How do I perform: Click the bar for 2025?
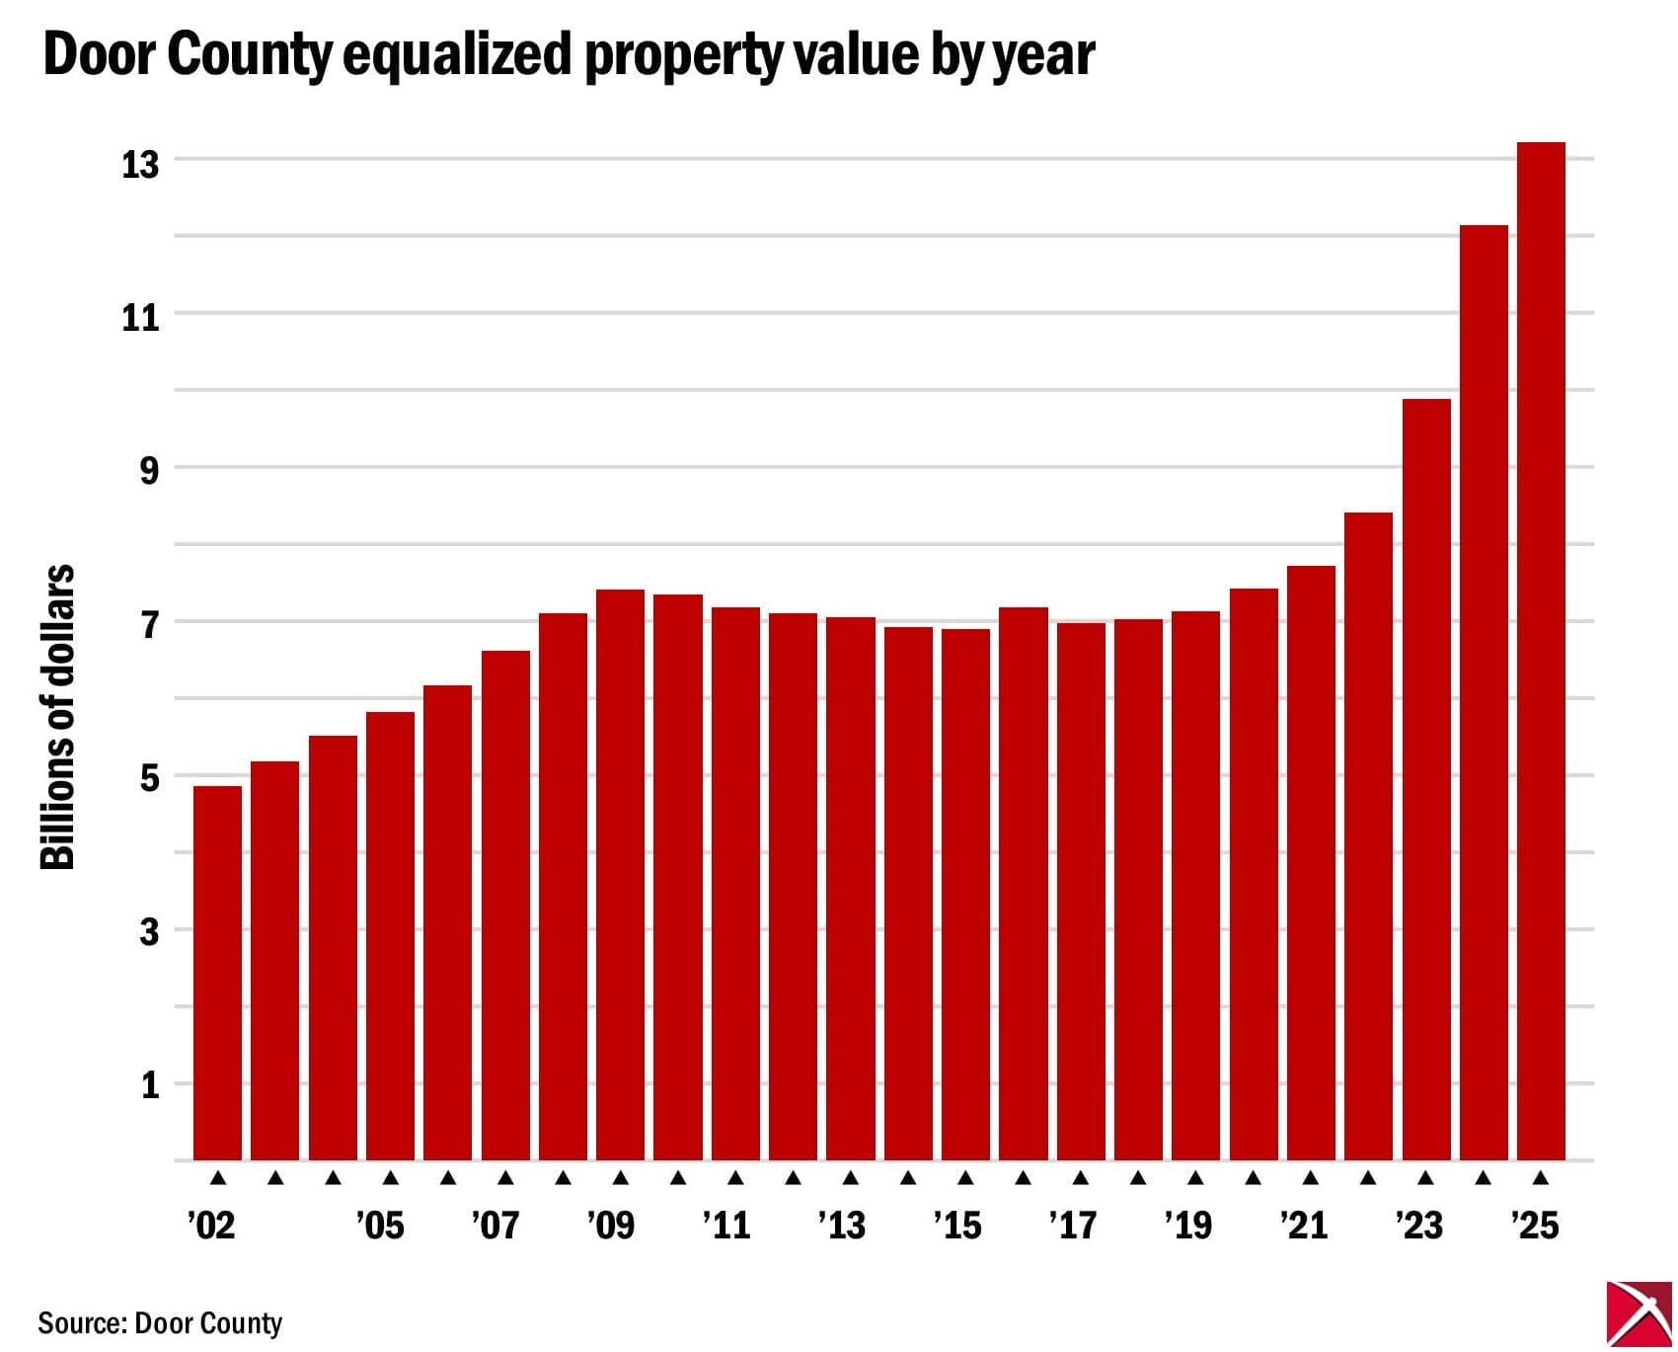[1541, 652]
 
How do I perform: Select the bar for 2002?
[217, 973]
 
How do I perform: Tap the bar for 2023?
[1426, 780]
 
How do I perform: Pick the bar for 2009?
[620, 874]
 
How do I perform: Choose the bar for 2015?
[965, 894]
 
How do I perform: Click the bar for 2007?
[505, 905]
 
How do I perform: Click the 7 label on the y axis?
[149, 625]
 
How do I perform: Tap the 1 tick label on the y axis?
[150, 1085]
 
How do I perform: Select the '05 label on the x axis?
[380, 1226]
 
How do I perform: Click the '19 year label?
[1187, 1226]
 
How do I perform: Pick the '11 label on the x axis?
[726, 1226]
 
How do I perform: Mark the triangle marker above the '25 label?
[1541, 1177]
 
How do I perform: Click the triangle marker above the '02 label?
[218, 1177]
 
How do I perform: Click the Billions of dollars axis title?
[58, 717]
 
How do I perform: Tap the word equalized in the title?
[457, 54]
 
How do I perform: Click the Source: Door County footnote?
[160, 1322]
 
